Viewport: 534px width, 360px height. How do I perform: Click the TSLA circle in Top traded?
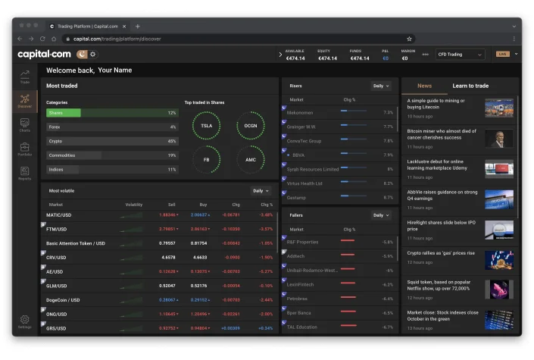pos(206,126)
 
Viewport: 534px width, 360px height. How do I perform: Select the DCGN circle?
pos(251,126)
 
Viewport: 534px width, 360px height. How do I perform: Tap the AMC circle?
pos(251,160)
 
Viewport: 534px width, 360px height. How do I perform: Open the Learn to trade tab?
pos(470,86)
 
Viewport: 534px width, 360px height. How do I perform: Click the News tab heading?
pos(424,86)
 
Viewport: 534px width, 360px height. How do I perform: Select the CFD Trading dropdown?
pos(460,55)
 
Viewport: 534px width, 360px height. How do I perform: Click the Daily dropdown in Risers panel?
pos(381,86)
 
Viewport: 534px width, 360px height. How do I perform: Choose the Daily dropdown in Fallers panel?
pos(381,215)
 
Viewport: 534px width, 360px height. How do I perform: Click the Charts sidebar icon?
pos(24,124)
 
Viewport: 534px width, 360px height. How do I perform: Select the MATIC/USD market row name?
pos(59,214)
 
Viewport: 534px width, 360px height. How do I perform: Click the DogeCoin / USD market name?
pos(64,299)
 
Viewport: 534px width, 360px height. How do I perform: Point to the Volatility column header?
pos(133,205)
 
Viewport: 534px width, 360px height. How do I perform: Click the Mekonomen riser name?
pos(300,112)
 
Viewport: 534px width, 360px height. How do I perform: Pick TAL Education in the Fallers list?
pos(302,327)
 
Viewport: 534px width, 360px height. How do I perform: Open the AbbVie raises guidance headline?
pos(442,196)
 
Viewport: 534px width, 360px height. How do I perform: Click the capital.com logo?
pos(44,54)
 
